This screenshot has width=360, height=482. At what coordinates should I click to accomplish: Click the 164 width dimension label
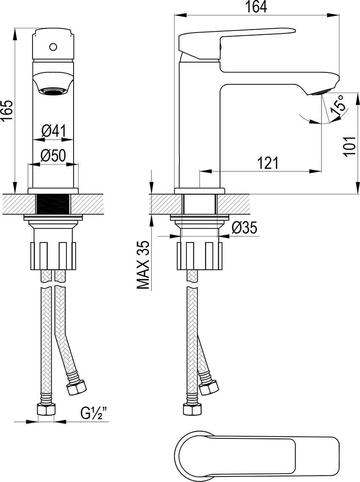256,7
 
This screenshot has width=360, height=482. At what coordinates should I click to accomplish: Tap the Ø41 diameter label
53,132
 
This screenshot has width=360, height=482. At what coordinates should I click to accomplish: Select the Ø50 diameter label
53,156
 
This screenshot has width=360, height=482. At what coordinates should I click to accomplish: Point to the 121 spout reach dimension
268,163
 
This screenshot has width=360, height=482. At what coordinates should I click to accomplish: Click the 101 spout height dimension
349,147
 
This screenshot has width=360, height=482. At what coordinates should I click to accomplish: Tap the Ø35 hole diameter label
245,228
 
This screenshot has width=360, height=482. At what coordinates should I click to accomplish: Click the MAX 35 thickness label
143,265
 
